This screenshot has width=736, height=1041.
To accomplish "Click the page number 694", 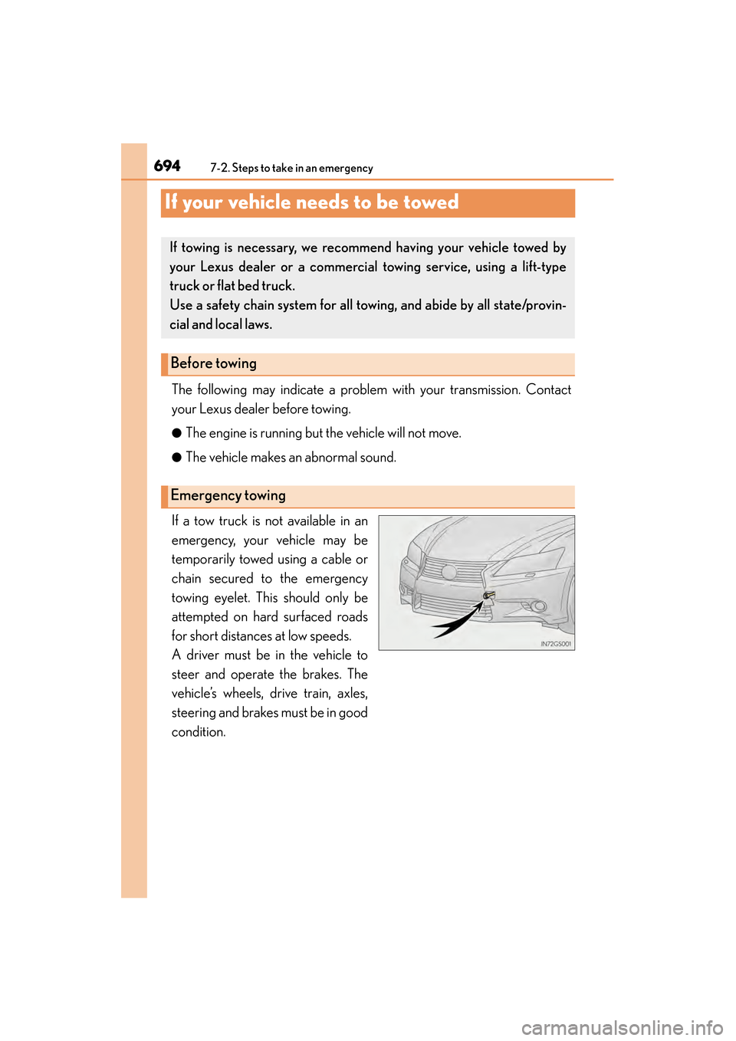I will tap(167, 166).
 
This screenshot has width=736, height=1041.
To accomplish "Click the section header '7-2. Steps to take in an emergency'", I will tap(291, 168).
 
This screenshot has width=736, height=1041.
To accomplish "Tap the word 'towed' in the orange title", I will tap(431, 202).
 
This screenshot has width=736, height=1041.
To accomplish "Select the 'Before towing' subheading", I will tap(214, 363).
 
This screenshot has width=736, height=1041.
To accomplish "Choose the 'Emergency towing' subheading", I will tap(228, 496).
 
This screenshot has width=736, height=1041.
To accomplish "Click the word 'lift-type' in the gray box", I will tap(544, 267).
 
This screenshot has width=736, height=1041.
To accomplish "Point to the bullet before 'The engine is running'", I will tap(176, 433).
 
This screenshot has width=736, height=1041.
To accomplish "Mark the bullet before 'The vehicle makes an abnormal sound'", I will tap(176, 458).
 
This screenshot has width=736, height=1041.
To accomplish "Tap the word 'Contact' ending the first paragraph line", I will tap(548, 389).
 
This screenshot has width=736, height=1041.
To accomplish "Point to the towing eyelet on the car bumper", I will tap(488, 595).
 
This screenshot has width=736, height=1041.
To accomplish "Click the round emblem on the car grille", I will tap(449, 572).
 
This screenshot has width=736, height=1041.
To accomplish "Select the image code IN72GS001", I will tap(556, 644).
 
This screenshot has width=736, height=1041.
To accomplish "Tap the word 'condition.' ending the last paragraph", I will tap(199, 732).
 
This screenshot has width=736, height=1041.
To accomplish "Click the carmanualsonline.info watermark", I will tap(622, 1027).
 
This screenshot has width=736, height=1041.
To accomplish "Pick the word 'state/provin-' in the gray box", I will tap(529, 305).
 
